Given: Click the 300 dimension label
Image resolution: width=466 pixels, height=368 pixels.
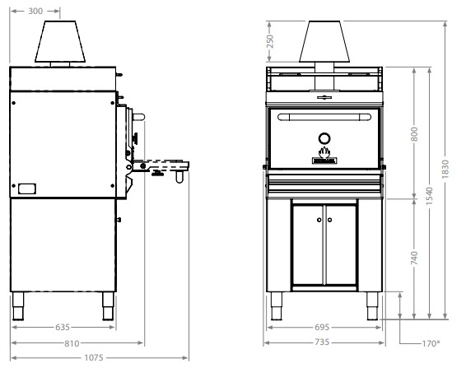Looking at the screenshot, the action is (35, 11).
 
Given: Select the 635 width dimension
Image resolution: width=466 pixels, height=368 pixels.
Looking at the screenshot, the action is (63, 328).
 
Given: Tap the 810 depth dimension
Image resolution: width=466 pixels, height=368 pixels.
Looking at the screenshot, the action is (72, 343).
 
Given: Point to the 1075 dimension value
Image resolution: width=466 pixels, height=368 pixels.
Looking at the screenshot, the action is (94, 357).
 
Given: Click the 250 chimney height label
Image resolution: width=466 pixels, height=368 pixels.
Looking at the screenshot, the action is (270, 42).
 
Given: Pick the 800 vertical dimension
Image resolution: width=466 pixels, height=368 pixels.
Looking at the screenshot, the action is (414, 134).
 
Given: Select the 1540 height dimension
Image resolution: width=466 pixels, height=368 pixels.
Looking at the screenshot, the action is (429, 196).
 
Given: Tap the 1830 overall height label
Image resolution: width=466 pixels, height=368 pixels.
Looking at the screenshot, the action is (445, 169).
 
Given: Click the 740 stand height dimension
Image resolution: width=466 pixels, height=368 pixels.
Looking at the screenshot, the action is (414, 258).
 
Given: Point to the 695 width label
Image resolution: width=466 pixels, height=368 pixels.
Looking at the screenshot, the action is (322, 328).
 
